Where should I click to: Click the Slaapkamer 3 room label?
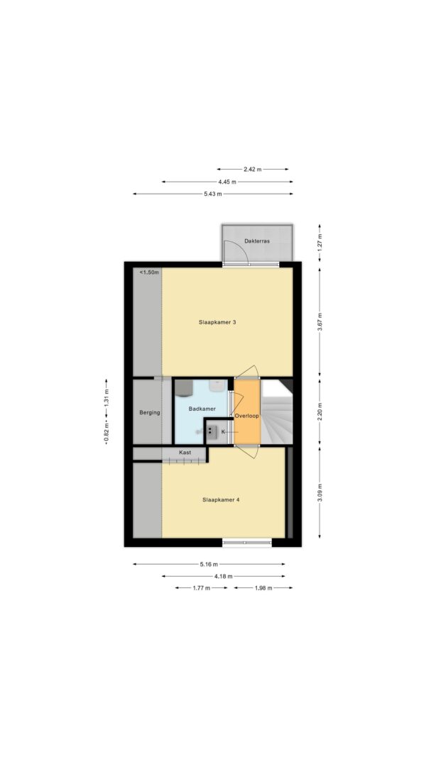point(217,323)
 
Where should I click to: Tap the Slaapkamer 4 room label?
point(221,500)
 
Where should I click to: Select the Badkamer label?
point(202,409)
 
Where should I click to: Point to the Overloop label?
point(247,415)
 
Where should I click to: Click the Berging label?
point(150,413)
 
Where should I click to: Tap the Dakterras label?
point(257,241)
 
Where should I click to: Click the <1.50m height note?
point(149,272)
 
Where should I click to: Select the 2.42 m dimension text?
point(252,170)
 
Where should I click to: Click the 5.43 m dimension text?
point(212,194)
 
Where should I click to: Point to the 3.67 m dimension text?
point(319,322)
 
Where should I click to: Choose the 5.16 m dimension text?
point(209,564)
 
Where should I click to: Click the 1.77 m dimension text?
point(201,588)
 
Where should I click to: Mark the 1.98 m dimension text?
point(263,588)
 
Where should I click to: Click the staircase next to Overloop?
point(277,411)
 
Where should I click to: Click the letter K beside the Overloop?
point(223,431)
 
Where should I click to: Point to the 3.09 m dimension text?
point(319,492)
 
